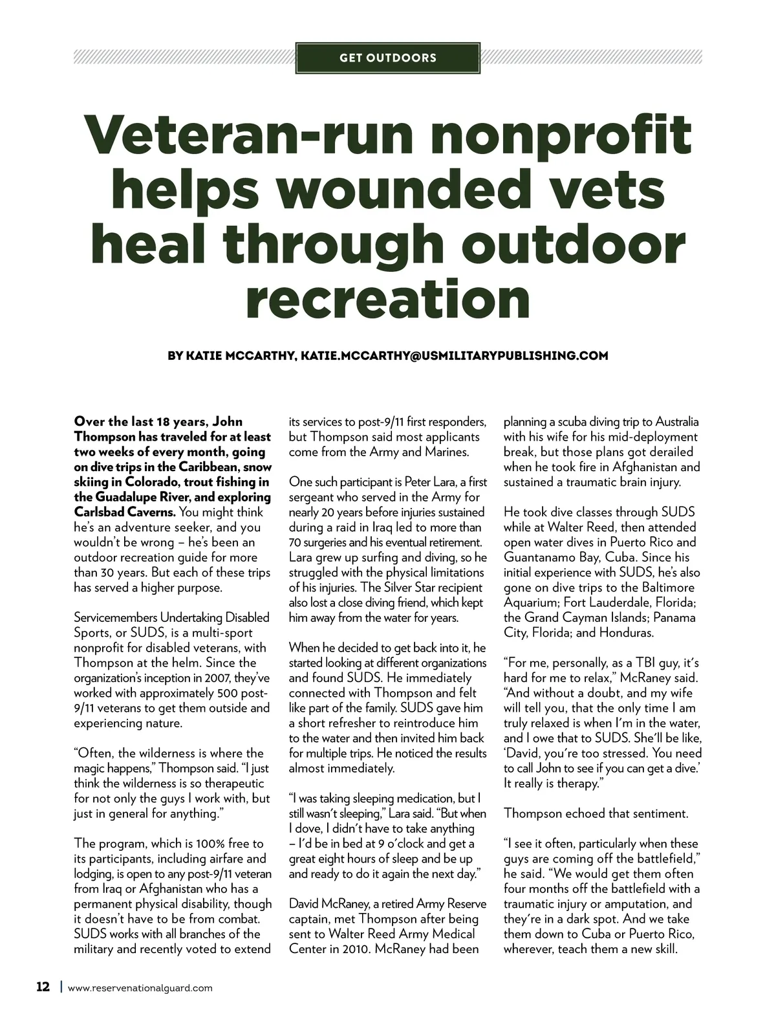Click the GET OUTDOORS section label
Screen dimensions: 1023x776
[x=388, y=58]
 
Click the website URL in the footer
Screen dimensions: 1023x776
[x=140, y=988]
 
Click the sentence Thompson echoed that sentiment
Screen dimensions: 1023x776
[x=596, y=813]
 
